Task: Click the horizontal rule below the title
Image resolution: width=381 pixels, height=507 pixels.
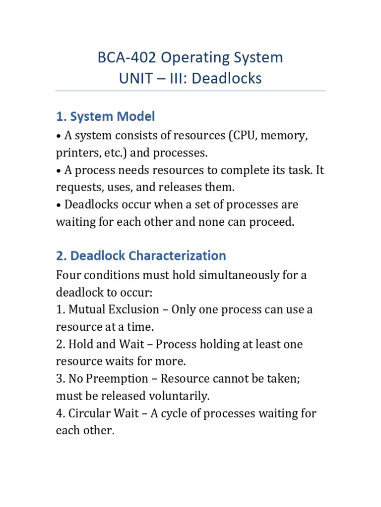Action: [190, 91]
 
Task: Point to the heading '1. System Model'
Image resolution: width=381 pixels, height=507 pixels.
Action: [105, 116]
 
